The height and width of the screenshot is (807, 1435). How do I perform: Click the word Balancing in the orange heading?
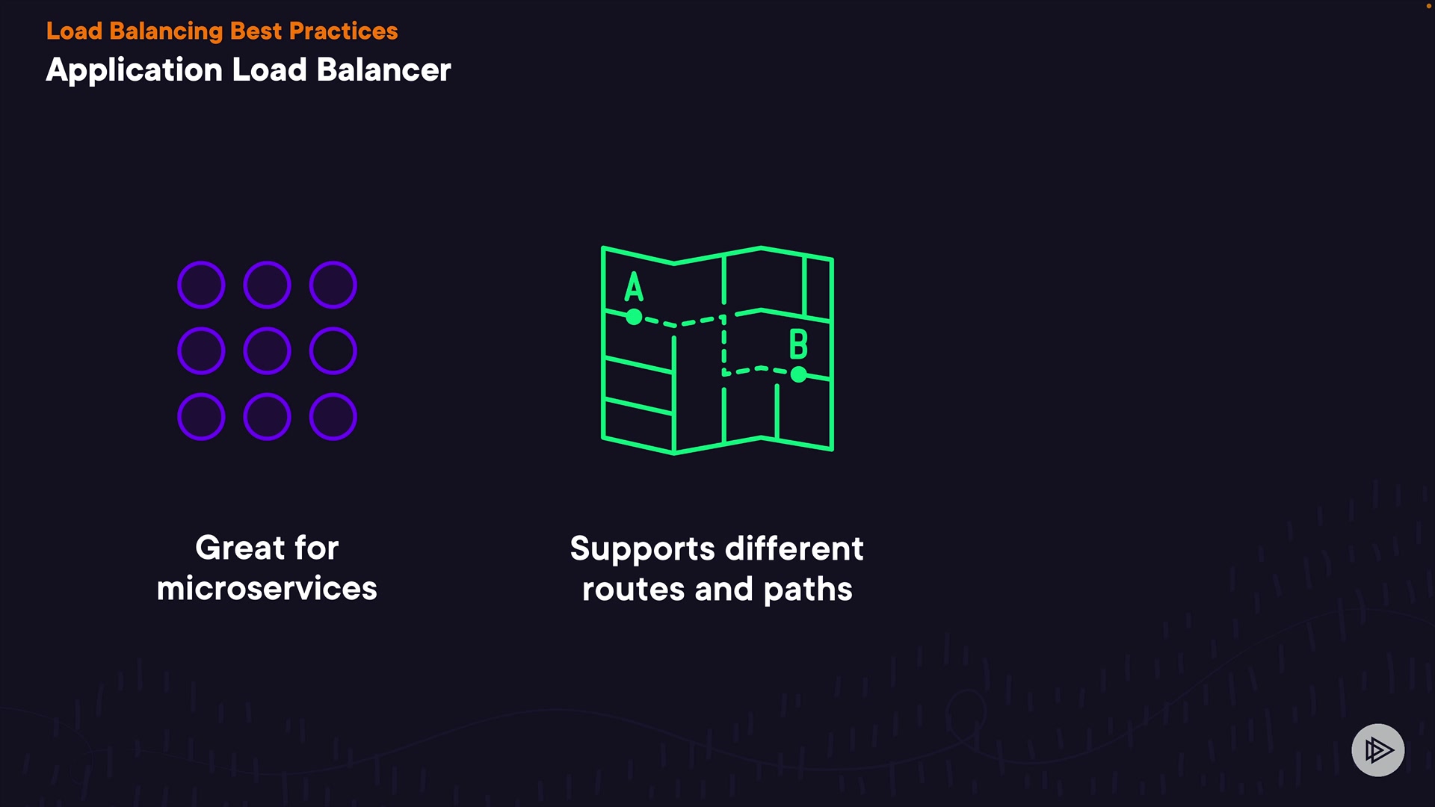pyautogui.click(x=166, y=31)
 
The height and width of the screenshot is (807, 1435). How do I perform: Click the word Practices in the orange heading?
pyautogui.click(x=343, y=31)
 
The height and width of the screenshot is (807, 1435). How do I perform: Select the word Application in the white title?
pyautogui.click(x=135, y=70)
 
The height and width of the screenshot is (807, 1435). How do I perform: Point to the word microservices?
pyautogui.click(x=267, y=588)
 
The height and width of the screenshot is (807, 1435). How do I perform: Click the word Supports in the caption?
pyautogui.click(x=642, y=549)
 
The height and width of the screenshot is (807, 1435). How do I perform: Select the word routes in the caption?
pyautogui.click(x=633, y=590)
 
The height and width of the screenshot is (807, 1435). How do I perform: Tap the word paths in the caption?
pyautogui.click(x=808, y=590)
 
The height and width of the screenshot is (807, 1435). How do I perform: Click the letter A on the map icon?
pyautogui.click(x=634, y=286)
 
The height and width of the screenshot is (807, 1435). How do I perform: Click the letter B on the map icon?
pyautogui.click(x=798, y=344)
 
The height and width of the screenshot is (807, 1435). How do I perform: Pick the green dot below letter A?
pyautogui.click(x=634, y=318)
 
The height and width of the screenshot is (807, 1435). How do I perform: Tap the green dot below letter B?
pyautogui.click(x=799, y=374)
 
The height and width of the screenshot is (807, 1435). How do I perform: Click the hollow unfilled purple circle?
pyautogui.click(x=333, y=350)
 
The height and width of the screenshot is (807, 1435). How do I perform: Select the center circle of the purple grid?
pyautogui.click(x=267, y=350)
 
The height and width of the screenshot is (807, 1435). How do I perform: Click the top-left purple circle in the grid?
pyautogui.click(x=201, y=285)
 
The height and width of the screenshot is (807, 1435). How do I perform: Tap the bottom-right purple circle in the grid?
pyautogui.click(x=333, y=416)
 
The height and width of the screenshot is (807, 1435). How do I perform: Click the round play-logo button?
pyautogui.click(x=1377, y=749)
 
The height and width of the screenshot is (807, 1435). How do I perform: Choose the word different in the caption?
pyautogui.click(x=794, y=549)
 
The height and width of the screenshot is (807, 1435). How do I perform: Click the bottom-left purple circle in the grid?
pyautogui.click(x=201, y=416)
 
